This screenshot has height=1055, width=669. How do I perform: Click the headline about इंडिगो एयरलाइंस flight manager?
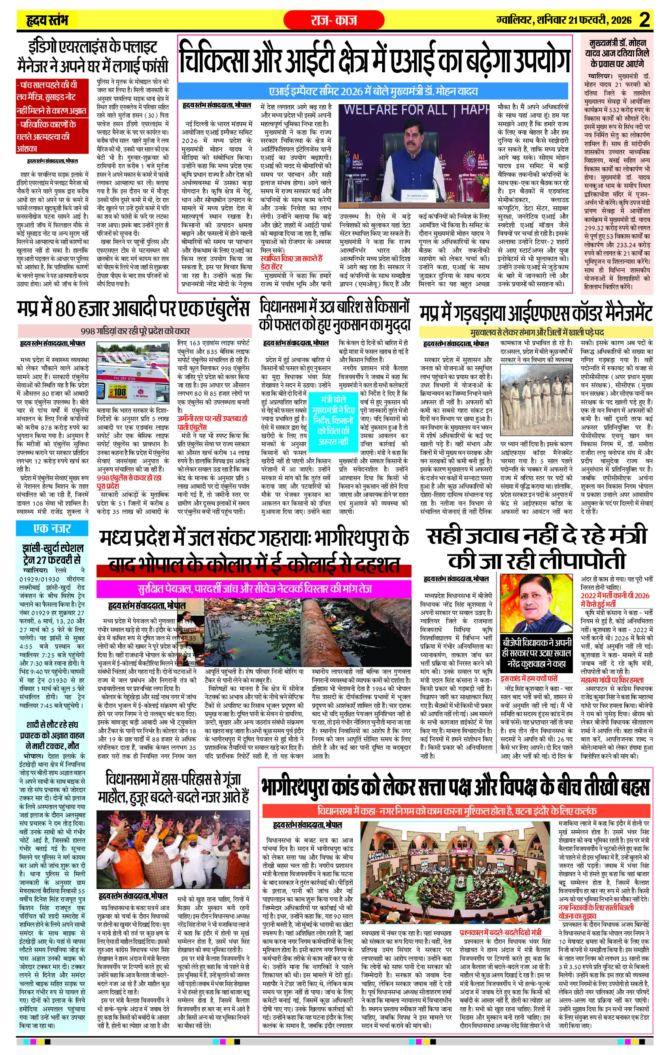(x=92, y=57)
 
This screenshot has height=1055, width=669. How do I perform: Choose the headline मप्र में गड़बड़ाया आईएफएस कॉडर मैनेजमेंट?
(x=536, y=313)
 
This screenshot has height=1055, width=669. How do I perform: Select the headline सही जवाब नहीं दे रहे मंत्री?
(x=537, y=548)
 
